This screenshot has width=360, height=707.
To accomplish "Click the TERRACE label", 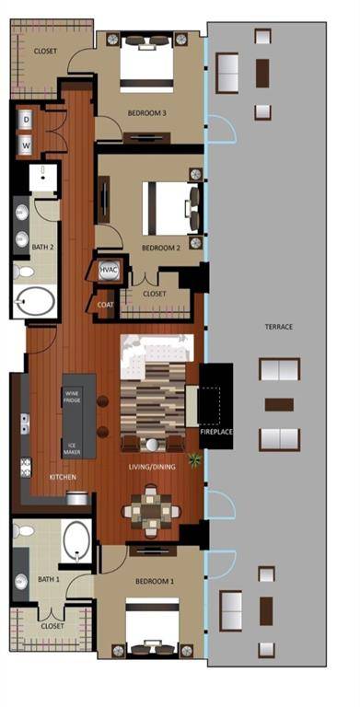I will click(277, 326).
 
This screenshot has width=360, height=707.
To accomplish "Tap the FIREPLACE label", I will click(215, 431).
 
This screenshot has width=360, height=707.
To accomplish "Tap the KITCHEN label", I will click(63, 478).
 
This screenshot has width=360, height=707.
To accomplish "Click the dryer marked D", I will click(26, 120).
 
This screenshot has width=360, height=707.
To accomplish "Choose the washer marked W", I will click(26, 145).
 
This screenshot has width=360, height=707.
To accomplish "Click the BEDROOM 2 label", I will click(159, 249).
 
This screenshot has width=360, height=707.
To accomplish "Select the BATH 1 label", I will click(50, 580).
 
